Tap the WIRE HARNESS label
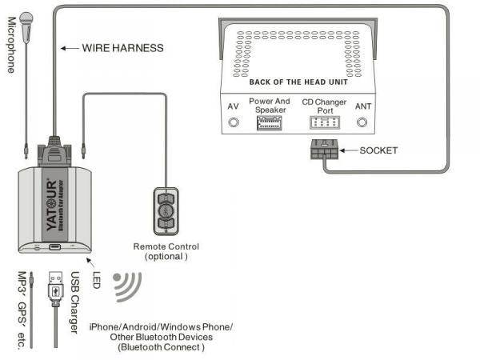122,48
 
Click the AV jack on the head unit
234,122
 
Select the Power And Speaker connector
269,123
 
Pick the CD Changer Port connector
324,122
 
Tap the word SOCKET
378,150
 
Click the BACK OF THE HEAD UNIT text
298,82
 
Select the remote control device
165,211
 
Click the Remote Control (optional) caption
166,251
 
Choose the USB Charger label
74,302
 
